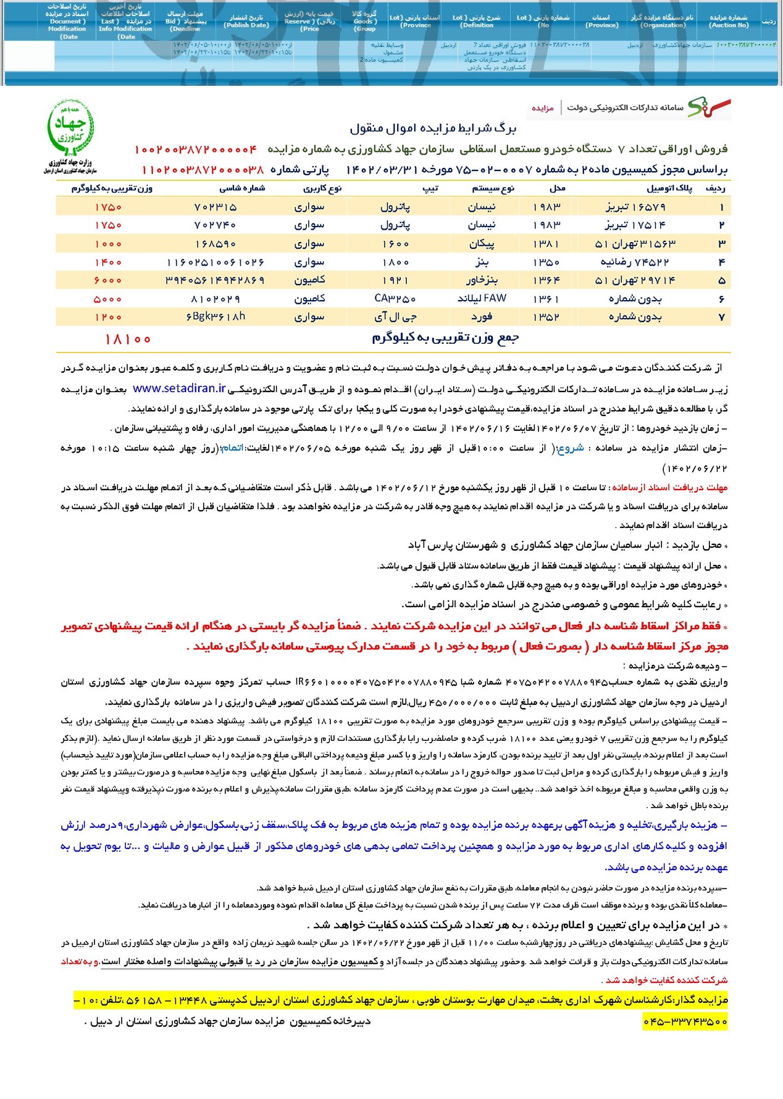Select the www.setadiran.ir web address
179,388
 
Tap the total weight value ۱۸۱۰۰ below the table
128,339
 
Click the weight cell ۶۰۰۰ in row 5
108,280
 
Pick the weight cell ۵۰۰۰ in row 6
108,299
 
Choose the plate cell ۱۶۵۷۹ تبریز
635,207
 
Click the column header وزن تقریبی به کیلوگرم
112,188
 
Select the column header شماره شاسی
242,188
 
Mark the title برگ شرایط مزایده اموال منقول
432,128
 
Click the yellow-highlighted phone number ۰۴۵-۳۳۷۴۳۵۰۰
685,1021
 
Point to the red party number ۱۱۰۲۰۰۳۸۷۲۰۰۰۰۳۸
203,169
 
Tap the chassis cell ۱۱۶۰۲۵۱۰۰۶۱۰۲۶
216,262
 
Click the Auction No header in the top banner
729,21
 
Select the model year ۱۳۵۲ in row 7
546,317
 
